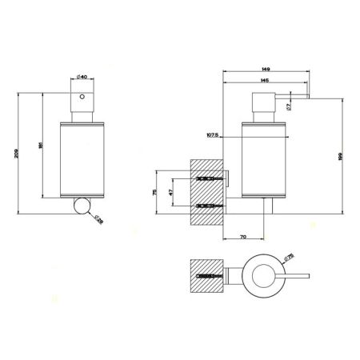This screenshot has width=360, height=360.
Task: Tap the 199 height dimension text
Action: (x=342, y=157)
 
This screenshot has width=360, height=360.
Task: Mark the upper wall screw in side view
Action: (x=206, y=177)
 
